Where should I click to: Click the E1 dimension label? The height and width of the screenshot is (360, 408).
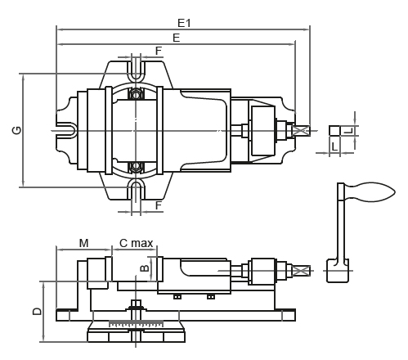click(x=184, y=23)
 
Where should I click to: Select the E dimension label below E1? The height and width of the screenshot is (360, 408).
click(x=177, y=38)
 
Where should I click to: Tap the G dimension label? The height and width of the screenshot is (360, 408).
click(x=16, y=130)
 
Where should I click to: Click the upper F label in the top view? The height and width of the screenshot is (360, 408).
click(x=159, y=51)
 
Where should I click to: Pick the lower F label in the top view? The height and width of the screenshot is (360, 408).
click(x=159, y=205)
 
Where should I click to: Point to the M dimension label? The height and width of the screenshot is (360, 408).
click(x=84, y=243)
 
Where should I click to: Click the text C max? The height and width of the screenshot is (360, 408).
click(x=137, y=243)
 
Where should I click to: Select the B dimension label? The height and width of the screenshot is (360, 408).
click(x=145, y=268)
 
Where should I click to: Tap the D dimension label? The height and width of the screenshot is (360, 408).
click(x=38, y=311)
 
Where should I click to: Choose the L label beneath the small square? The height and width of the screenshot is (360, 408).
click(x=334, y=147)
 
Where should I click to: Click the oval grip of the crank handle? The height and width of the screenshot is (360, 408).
click(x=370, y=192)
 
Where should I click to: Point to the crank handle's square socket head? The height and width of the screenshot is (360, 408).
click(x=338, y=271)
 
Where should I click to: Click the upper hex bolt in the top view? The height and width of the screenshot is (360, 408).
click(x=136, y=95)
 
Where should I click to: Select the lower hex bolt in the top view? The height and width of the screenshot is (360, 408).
click(x=136, y=166)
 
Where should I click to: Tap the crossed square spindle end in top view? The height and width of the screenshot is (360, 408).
click(x=301, y=131)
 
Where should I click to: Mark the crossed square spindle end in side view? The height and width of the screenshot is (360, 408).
click(x=301, y=271)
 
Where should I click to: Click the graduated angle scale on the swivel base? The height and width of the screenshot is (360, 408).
click(x=136, y=324)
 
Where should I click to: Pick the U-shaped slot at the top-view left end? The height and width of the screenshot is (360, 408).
click(x=66, y=131)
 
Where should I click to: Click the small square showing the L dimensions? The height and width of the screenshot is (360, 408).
click(x=334, y=130)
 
